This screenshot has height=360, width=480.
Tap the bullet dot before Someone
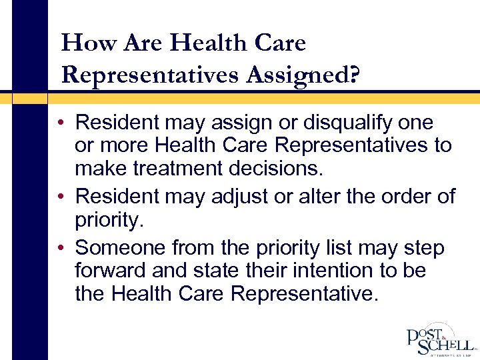pos(60,249)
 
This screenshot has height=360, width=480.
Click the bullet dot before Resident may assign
pos(60,123)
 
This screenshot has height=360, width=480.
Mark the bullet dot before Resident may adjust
pos(60,197)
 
